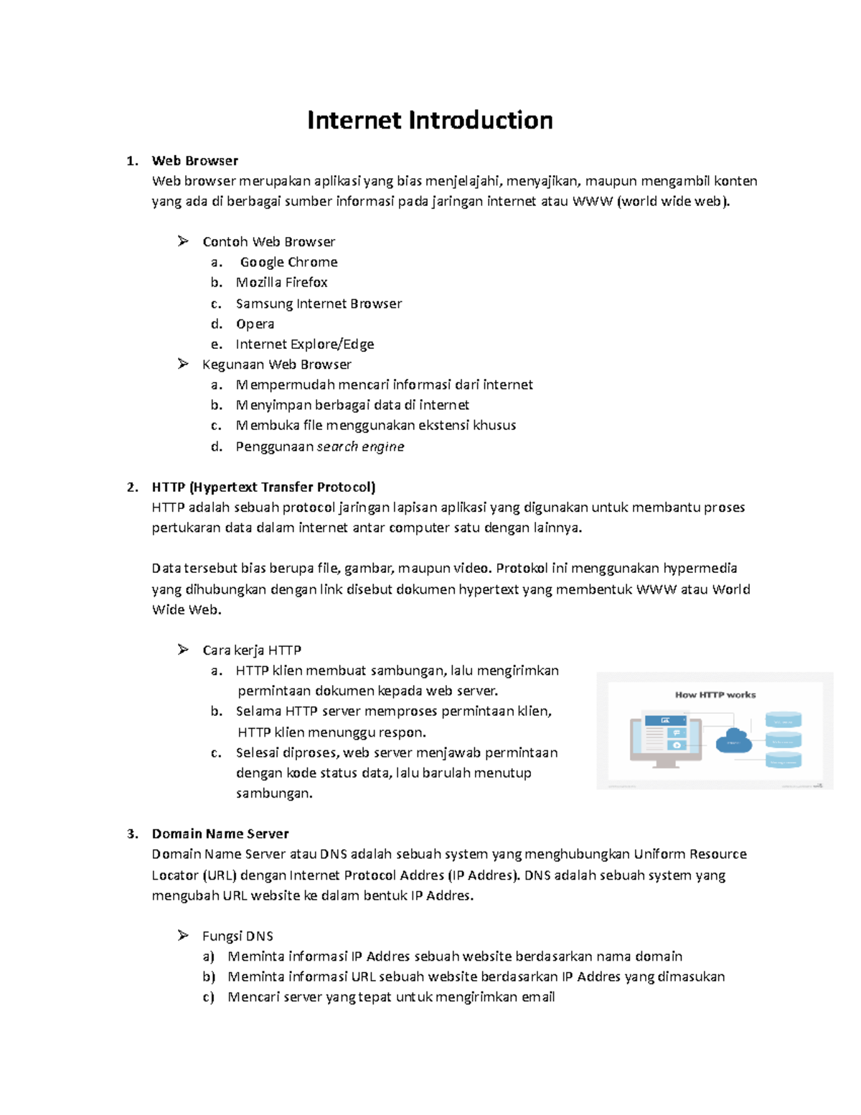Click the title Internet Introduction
point(430,120)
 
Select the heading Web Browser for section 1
point(194,161)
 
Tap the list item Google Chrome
point(288,262)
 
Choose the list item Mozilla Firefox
point(281,282)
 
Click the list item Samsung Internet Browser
point(319,304)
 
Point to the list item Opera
point(255,324)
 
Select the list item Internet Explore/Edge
point(304,344)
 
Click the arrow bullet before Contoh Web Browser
point(183,241)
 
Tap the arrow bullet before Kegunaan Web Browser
point(183,364)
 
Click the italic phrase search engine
point(360,447)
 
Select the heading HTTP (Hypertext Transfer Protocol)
point(263,487)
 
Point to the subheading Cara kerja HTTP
point(251,650)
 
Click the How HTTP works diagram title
point(715,694)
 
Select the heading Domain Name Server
point(220,834)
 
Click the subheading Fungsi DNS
point(237,936)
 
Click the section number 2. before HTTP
point(132,487)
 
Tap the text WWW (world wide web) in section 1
point(651,201)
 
